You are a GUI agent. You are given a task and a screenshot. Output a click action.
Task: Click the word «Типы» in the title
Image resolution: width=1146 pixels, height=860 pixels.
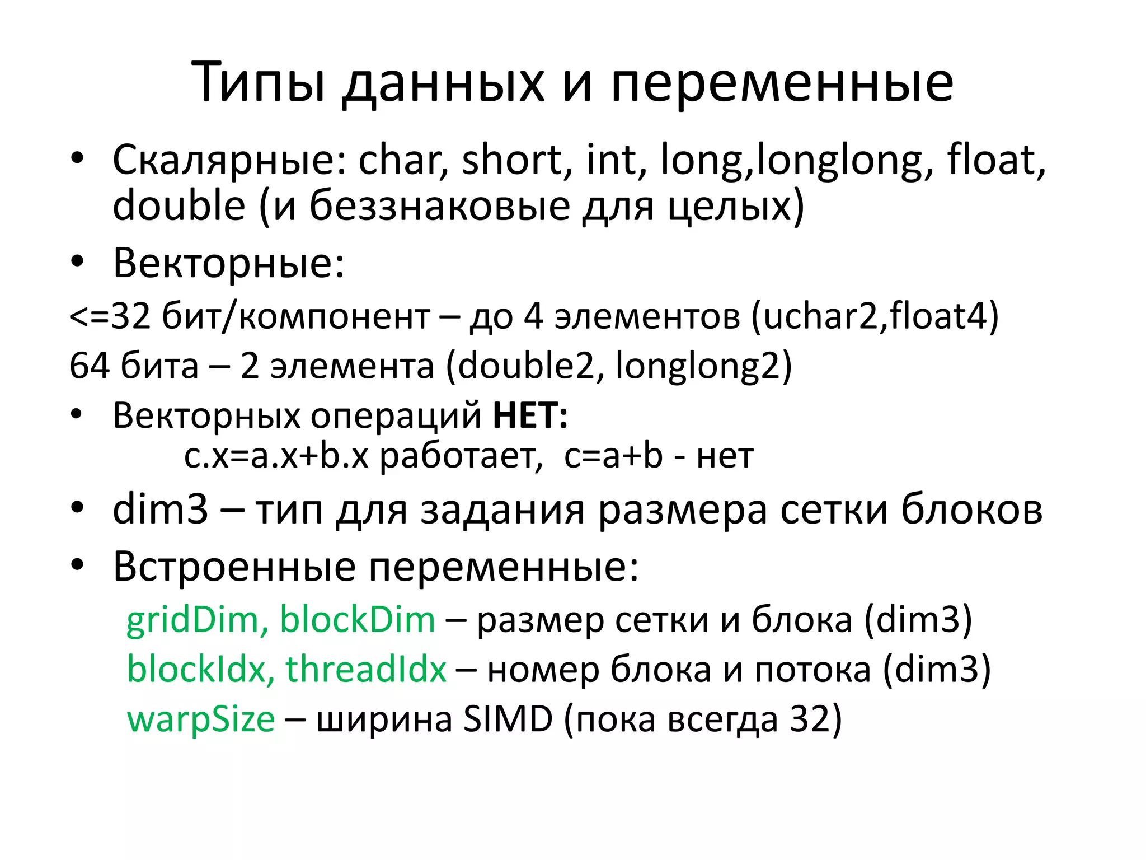[x=259, y=83]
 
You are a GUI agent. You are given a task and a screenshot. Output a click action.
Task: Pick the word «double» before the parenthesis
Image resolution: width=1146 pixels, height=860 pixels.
[x=179, y=205]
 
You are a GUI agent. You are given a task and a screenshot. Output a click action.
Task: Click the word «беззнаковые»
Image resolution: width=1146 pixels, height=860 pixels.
[x=440, y=205]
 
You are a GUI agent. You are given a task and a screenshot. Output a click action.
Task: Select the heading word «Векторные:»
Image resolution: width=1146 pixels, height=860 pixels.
[x=228, y=263]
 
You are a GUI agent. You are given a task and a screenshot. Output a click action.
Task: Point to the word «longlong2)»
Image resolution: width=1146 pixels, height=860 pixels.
[x=704, y=366]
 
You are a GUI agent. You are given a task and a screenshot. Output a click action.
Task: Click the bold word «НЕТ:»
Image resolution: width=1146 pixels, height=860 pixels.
[x=530, y=415]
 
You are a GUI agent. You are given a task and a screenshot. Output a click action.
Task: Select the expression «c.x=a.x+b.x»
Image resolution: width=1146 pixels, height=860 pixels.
[x=276, y=456]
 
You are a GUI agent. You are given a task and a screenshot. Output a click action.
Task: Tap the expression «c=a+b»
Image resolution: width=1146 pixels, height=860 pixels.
[x=613, y=456]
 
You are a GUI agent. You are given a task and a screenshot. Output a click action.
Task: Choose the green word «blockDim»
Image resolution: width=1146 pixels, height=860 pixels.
[x=358, y=620]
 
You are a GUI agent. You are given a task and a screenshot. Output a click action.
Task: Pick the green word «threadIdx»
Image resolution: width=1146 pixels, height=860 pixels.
[x=366, y=669]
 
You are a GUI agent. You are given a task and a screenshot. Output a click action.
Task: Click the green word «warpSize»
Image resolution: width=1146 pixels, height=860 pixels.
[x=201, y=719]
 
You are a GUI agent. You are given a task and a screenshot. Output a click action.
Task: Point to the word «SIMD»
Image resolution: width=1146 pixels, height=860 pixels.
[x=508, y=719]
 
